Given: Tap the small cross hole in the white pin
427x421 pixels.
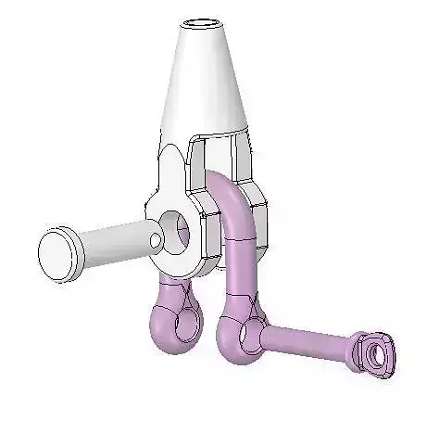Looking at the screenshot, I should (157, 243).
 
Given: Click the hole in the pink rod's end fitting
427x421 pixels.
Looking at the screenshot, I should (372, 352).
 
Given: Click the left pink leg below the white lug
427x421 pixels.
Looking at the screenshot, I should (170, 287).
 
